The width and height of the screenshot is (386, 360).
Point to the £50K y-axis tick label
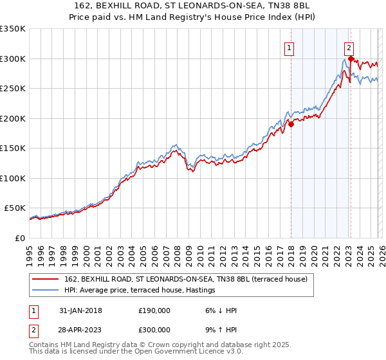(x=14, y=208)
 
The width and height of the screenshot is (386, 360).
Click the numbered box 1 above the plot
(x=289, y=47)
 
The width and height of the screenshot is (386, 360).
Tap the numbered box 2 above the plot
(x=349, y=47)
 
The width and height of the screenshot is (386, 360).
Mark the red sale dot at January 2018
(x=291, y=124)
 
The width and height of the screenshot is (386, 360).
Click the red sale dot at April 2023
(x=351, y=59)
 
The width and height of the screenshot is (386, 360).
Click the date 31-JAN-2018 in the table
(x=79, y=310)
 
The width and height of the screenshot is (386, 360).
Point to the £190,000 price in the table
(x=154, y=310)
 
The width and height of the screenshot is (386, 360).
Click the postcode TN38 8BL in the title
(x=290, y=7)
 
